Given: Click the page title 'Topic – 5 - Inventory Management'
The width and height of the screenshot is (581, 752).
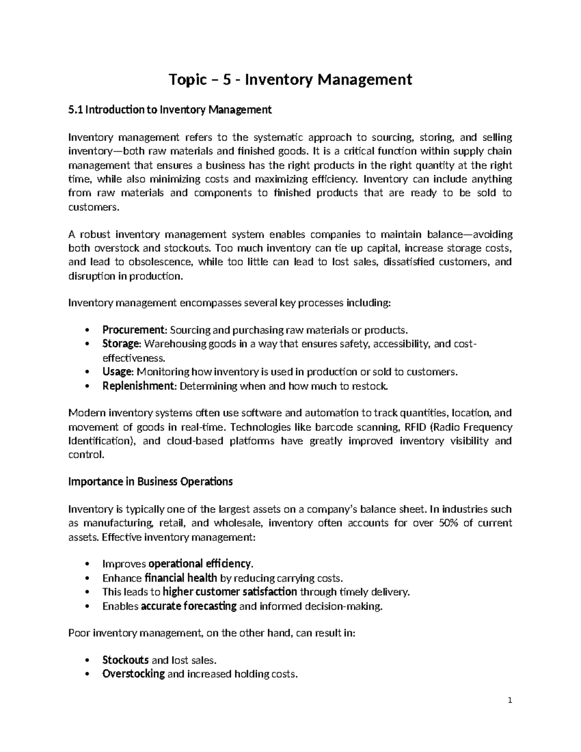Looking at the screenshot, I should tap(290, 79).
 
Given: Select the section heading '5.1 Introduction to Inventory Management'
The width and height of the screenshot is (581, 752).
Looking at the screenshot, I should tap(170, 110).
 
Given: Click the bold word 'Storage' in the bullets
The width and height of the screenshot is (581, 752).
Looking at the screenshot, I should tap(121, 344).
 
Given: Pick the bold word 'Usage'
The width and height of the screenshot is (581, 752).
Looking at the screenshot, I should tap(117, 372).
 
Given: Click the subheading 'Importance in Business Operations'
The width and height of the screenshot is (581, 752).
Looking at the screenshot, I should tap(151, 482).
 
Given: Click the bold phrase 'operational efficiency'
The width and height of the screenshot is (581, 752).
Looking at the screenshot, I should tap(200, 564).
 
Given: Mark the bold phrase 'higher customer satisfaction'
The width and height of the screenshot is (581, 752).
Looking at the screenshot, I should tap(229, 592).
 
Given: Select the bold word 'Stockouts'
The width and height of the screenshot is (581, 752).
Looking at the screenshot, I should tap(125, 660).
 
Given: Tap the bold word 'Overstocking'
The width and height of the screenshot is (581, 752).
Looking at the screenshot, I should tap(134, 674).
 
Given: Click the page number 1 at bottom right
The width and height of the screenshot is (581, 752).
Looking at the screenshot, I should tap(510, 701).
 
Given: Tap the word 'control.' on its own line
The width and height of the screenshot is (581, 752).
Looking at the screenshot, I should tap(86, 455).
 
